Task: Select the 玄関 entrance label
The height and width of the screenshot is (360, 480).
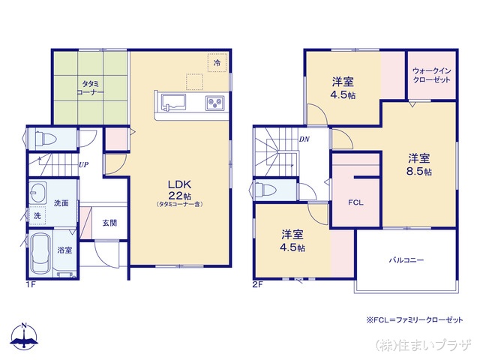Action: pyautogui.click(x=109, y=223)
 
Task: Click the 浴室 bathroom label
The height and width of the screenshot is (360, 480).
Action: pyautogui.click(x=64, y=250)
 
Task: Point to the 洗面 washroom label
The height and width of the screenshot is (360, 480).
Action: pyautogui.click(x=61, y=202)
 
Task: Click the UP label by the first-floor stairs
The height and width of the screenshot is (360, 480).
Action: pyautogui.click(x=85, y=165)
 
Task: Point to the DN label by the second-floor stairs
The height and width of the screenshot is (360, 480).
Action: pyautogui.click(x=305, y=139)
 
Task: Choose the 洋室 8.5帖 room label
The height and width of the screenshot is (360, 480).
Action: pyautogui.click(x=419, y=164)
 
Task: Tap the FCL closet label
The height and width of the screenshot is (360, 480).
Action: pyautogui.click(x=355, y=202)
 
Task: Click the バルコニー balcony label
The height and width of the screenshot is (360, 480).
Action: pyautogui.click(x=406, y=260)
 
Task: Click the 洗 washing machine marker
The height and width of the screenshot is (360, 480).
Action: pyautogui.click(x=37, y=216)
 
